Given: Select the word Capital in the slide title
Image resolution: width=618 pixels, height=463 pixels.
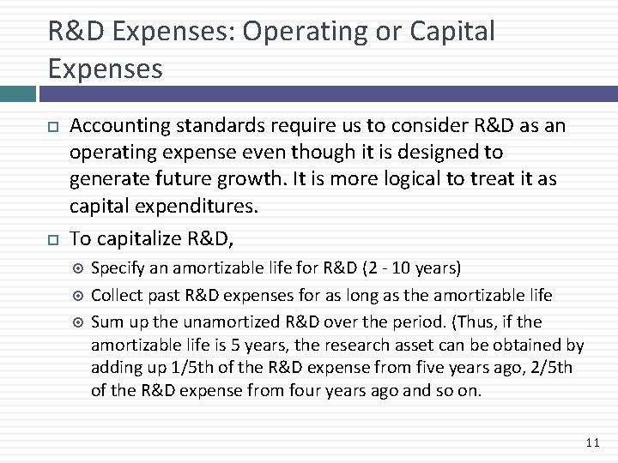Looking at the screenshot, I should tap(453, 32).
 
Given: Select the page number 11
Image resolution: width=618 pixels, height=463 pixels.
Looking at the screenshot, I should tap(591, 442).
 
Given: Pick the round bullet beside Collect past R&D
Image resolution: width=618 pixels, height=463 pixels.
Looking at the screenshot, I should tap(78, 296).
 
